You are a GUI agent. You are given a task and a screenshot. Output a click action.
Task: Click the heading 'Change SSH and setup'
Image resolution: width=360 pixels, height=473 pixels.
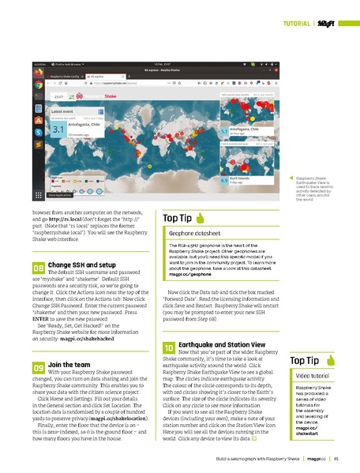(83, 264)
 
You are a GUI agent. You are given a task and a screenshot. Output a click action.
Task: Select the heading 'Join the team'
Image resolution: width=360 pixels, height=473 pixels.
(70, 364)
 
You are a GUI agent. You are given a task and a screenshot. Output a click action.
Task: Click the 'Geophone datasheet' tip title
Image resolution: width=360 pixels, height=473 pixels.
(195, 235)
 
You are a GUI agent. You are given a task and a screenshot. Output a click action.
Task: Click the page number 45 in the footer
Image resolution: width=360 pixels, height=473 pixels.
(336, 457)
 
